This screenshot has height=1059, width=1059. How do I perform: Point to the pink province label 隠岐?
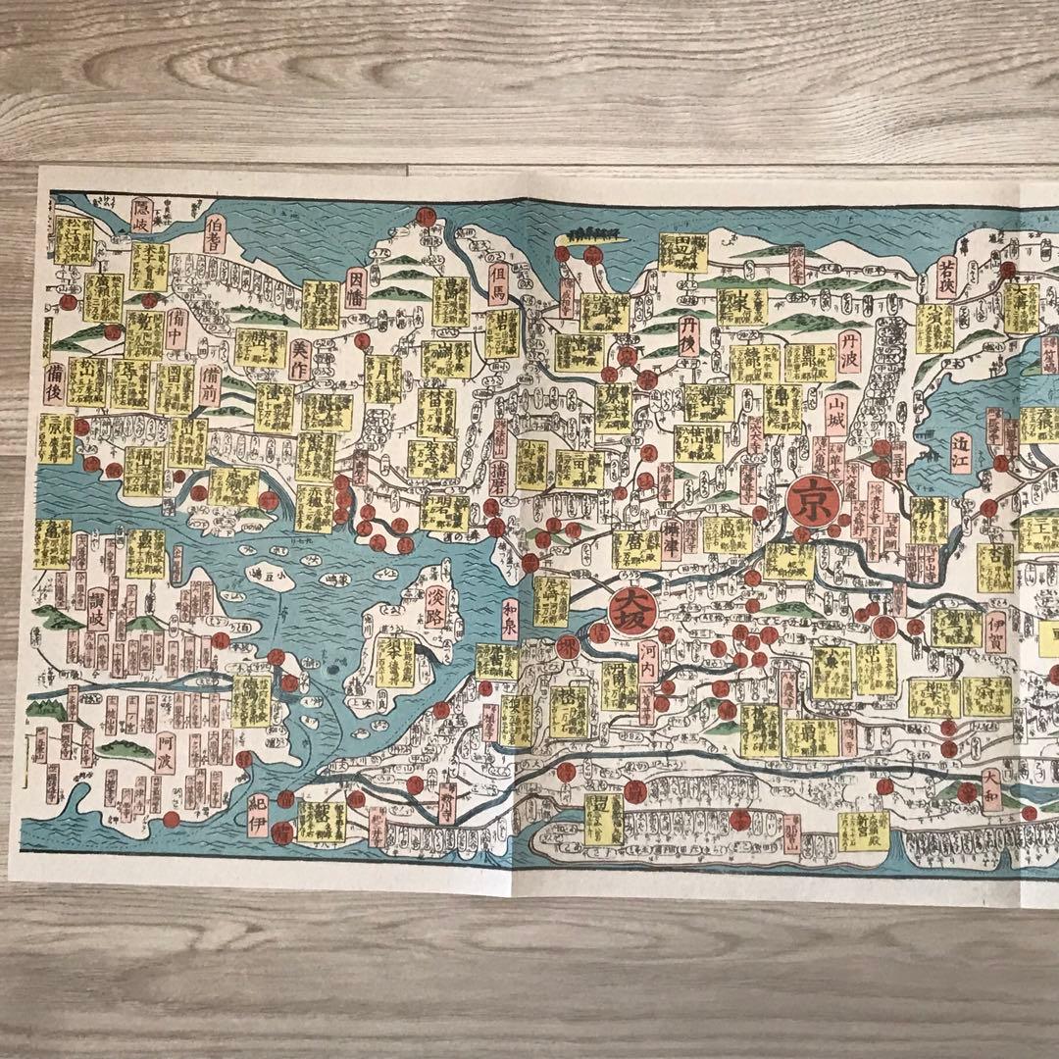141,216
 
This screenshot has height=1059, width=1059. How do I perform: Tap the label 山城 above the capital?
836,416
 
